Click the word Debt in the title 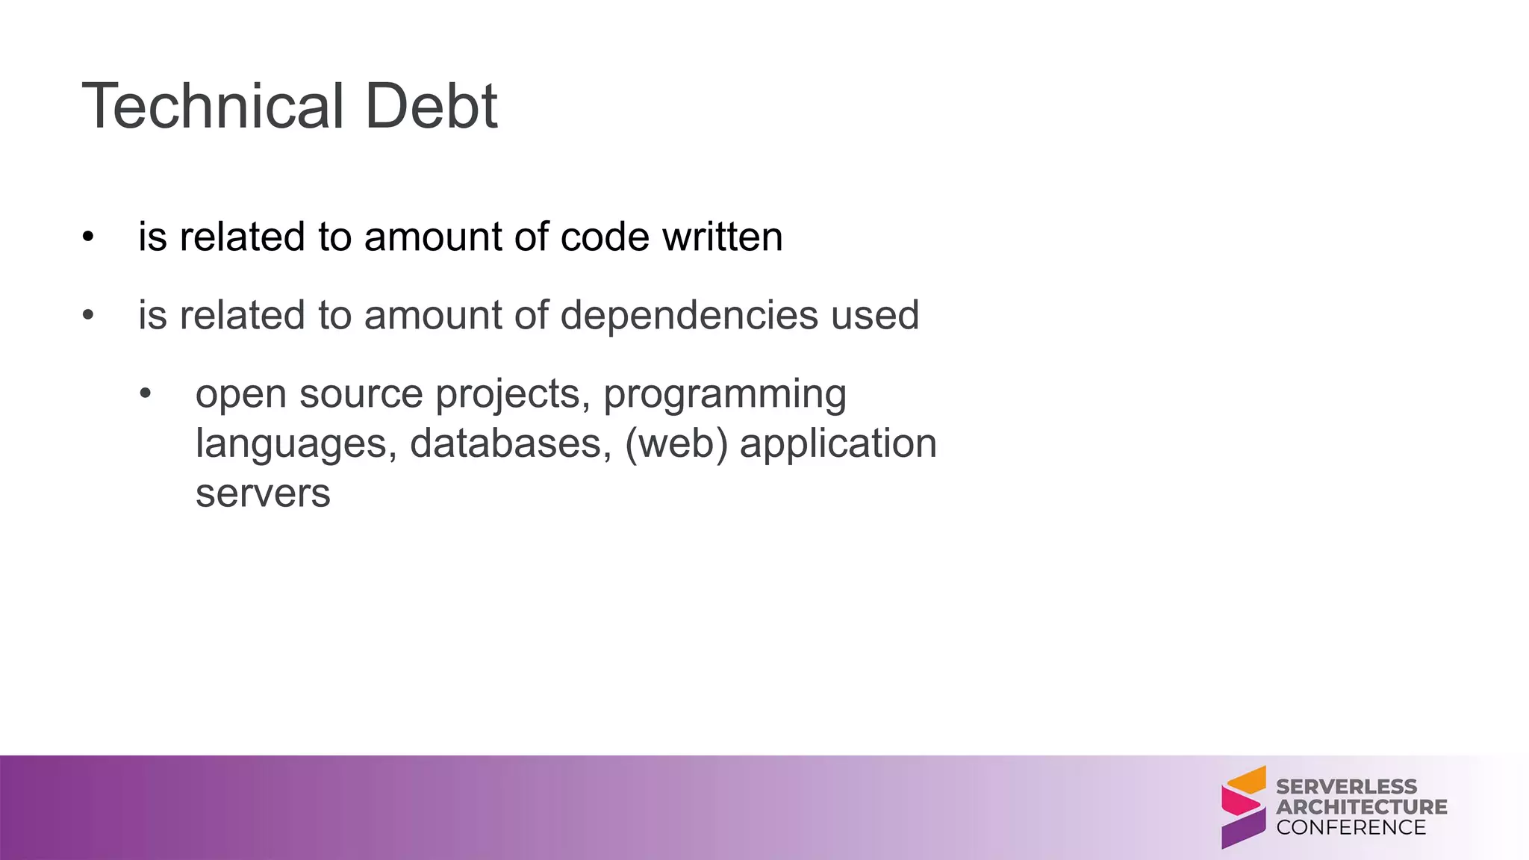432,106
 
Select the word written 722,237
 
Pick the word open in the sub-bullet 240,395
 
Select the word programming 724,395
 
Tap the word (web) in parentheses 676,443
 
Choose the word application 838,444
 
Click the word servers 263,493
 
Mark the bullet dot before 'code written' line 89,237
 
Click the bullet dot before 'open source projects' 146,393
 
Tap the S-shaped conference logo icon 1243,807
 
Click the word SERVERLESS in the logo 1346,787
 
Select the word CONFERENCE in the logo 1351,828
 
